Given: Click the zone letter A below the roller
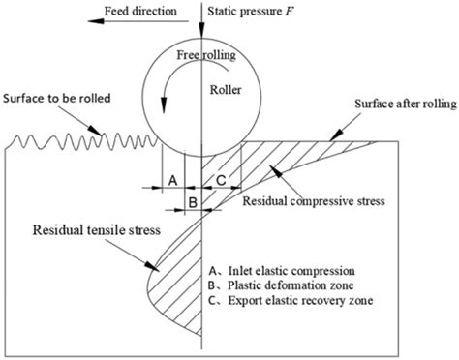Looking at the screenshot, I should pos(171,181).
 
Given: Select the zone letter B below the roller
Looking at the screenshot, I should pos(192,202).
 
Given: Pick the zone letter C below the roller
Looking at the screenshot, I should pos(221,181).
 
